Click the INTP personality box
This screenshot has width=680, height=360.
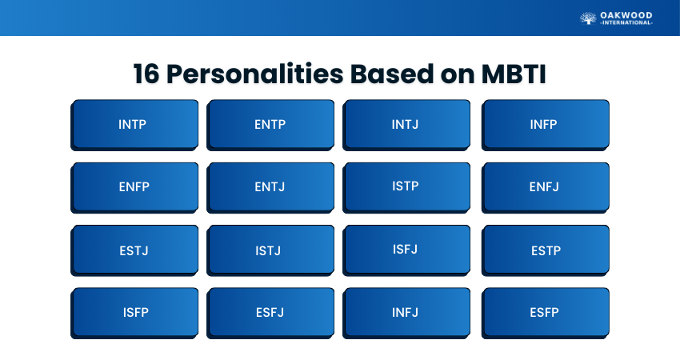(x=134, y=125)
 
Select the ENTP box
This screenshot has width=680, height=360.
(x=270, y=125)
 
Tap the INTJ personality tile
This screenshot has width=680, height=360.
(x=406, y=125)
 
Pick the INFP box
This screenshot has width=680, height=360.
(x=545, y=125)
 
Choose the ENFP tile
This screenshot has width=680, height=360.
(x=134, y=188)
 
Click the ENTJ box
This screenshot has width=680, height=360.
(x=270, y=188)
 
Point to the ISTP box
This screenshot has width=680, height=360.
(x=406, y=188)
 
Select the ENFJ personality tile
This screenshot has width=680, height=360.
(x=545, y=188)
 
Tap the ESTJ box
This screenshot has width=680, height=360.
(x=134, y=250)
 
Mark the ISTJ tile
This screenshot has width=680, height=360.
(x=270, y=250)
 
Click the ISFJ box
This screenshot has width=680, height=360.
(x=406, y=250)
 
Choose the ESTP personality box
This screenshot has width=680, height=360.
(x=545, y=250)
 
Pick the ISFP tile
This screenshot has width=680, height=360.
(x=134, y=313)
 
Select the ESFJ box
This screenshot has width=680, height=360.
(x=270, y=313)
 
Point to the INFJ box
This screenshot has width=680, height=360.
(x=406, y=313)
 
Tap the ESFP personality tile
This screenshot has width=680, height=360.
(x=545, y=313)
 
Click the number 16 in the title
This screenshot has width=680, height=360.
(x=146, y=74)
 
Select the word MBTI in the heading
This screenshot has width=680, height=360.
(x=514, y=74)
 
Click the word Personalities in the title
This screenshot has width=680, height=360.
(x=255, y=74)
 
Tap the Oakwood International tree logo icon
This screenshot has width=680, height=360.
(x=588, y=18)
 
